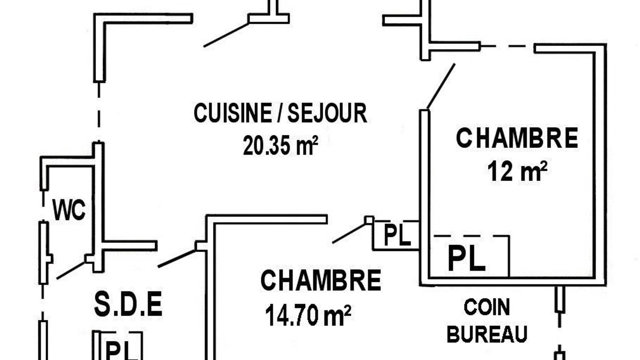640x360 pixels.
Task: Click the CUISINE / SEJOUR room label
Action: coord(280,113)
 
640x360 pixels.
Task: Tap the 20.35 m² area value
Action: coord(280,145)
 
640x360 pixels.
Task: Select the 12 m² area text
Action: coord(517,171)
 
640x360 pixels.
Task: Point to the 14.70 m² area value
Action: coord(308,315)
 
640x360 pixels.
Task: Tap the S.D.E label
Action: coord(128,303)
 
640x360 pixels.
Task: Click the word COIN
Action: coord(487,307)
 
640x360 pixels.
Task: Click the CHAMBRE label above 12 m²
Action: coord(517,138)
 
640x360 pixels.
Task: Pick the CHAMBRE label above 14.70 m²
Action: coord(321,280)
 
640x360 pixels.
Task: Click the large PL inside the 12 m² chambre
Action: coord(466,258)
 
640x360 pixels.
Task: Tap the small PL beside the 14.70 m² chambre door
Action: coord(397,235)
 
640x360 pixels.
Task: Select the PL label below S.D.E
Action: coord(122,351)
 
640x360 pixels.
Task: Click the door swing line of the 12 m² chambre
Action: coord(440,86)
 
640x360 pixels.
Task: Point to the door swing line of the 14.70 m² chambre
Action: coord(349,233)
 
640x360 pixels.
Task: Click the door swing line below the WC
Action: coord(71,270)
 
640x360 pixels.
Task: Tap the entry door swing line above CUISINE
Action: coord(226,35)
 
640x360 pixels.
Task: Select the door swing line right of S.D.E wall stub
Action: coord(176,258)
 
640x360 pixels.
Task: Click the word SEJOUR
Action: coord(327,113)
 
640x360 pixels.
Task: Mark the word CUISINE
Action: coord(233,113)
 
